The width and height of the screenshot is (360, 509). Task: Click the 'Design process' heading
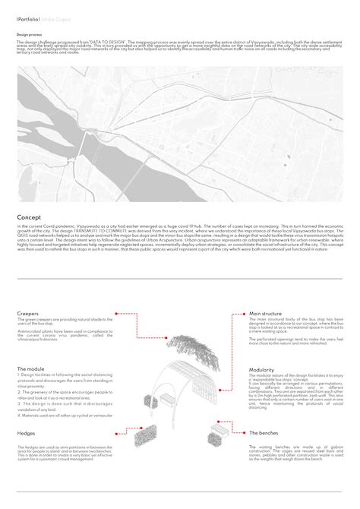pyautogui.click(x=31, y=35)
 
